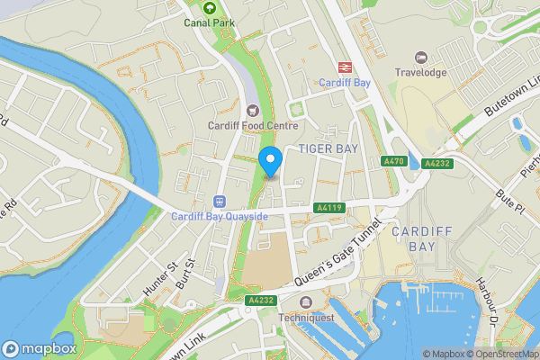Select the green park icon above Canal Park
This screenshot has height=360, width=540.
point(208,7)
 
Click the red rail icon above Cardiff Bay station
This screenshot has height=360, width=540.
point(343,67)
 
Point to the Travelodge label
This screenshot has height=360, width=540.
point(418,72)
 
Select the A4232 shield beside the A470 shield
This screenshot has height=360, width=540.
point(436,164)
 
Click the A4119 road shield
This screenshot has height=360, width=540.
point(328,208)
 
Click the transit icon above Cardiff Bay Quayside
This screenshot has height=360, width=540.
point(219,201)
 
